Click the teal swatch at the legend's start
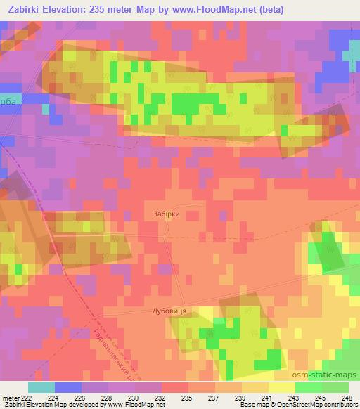coord(41,387)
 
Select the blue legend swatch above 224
coord(68,387)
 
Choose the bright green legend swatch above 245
coord(308,387)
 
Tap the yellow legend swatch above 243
coord(281,387)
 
